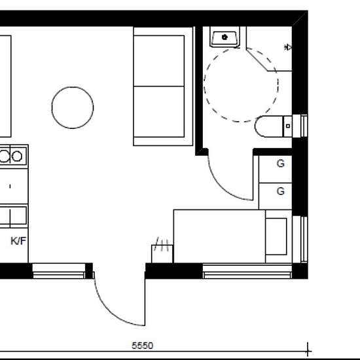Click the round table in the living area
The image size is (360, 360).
tap(72, 108)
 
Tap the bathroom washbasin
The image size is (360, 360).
tap(225, 37)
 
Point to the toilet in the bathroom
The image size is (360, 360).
tap(274, 126)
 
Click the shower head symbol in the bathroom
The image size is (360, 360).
tap(289, 47)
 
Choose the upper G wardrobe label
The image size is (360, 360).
tap(280, 164)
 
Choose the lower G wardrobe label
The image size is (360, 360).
tap(280, 191)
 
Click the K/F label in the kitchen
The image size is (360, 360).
tap(18, 241)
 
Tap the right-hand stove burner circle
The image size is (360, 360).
tap(18, 156)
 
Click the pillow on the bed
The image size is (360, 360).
tap(276, 236)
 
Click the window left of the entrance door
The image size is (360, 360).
tap(60, 270)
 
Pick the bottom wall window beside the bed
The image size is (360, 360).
tap(247, 270)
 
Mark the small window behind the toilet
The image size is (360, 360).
tap(304, 125)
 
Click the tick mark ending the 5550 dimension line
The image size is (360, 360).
tap(308, 351)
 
